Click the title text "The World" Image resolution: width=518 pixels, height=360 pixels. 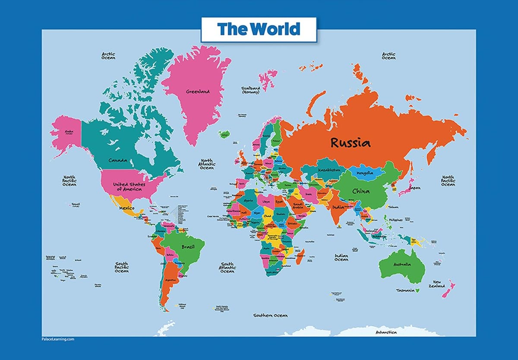click(x=258, y=29)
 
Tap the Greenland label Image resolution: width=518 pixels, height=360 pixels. click(x=198, y=92)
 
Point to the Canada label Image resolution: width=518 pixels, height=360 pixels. click(x=118, y=160)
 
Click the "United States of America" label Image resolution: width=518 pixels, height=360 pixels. click(x=129, y=186)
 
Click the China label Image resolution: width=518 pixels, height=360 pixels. click(x=360, y=191)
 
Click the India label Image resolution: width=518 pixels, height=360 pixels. click(x=338, y=207)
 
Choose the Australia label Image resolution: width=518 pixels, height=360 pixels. click(x=401, y=264)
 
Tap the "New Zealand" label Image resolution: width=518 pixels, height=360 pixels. click(x=436, y=283)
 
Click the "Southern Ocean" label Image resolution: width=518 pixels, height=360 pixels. click(x=270, y=316)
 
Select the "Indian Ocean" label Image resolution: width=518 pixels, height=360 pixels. click(x=341, y=257)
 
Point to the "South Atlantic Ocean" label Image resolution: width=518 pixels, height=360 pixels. click(x=227, y=268)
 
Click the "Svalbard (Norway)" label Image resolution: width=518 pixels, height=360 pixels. click(x=250, y=90)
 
